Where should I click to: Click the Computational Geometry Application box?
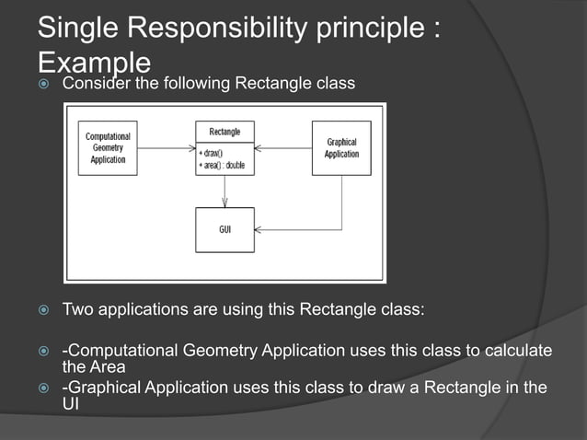(108, 148)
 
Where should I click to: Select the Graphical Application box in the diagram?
(341, 148)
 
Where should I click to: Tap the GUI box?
(224, 229)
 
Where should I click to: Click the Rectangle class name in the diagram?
(224, 132)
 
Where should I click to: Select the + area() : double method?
(224, 163)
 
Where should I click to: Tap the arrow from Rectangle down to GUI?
(224, 191)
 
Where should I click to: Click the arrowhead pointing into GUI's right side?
(260, 228)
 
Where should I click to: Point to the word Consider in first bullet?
(93, 86)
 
